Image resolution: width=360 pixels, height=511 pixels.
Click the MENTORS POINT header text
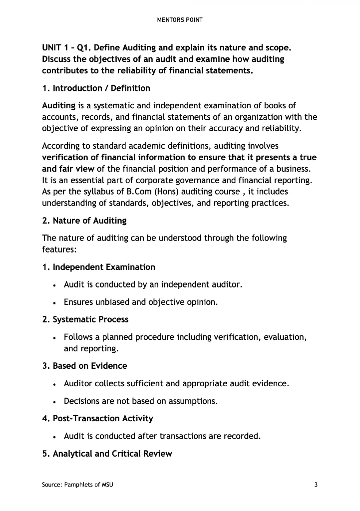coord(180,20)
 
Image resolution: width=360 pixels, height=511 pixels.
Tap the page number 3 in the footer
coord(316,485)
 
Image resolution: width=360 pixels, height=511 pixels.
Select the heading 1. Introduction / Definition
coord(96,88)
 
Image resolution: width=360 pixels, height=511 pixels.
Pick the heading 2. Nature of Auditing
coord(84,221)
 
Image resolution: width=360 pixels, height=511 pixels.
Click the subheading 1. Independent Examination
coord(98,267)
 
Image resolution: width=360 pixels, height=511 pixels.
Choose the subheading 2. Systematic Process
coord(85,319)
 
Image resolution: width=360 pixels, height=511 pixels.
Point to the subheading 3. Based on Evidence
coord(84,366)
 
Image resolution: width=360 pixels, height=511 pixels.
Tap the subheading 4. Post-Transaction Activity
coord(98,418)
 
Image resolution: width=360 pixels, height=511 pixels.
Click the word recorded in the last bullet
coord(241,436)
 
